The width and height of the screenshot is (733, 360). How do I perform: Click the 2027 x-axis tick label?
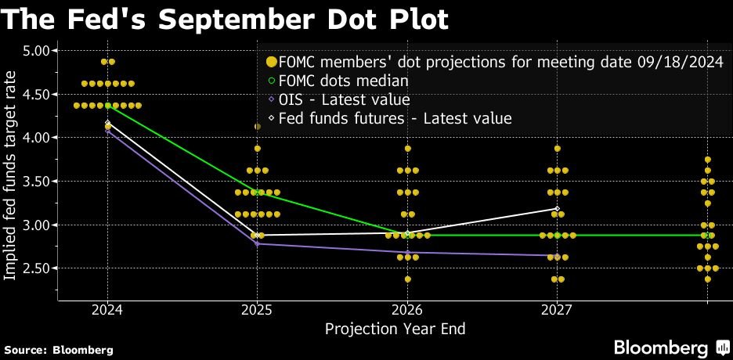(557, 310)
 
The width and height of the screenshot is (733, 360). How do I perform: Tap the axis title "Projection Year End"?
(395, 329)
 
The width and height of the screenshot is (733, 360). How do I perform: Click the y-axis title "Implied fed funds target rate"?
(11, 175)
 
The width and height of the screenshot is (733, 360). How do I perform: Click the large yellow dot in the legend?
(271, 62)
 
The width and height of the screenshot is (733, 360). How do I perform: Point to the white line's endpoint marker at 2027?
(557, 208)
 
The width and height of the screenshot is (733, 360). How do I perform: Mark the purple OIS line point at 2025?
(257, 244)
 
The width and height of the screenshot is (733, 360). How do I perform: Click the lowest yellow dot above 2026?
(407, 279)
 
